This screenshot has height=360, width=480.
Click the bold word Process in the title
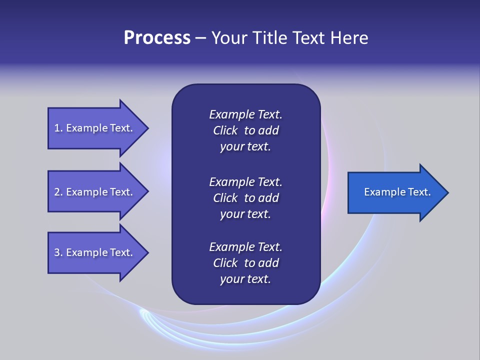(157, 38)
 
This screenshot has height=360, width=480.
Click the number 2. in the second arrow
(58, 192)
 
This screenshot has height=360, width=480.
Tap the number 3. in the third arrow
(58, 252)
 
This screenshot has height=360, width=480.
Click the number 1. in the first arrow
(58, 128)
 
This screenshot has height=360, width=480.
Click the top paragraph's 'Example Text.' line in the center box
(245, 114)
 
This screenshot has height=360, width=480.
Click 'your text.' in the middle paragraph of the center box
(245, 214)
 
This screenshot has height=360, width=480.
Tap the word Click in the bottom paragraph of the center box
(225, 263)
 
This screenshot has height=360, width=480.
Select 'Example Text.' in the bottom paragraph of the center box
(245, 247)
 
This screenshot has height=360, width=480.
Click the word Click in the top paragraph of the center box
(225, 130)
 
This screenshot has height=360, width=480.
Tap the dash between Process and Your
(200, 38)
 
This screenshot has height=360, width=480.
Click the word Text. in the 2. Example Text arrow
(121, 192)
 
